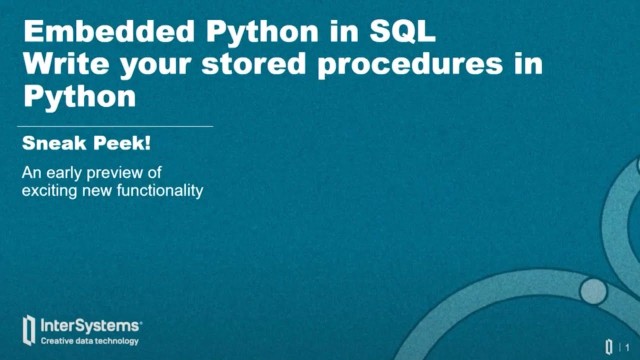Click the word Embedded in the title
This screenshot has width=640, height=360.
(109, 32)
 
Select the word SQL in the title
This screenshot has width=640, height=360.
(401, 32)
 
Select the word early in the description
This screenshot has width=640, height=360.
(65, 173)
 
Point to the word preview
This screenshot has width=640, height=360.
(118, 173)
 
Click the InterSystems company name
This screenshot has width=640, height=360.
(90, 326)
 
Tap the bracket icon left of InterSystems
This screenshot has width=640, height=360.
(29, 330)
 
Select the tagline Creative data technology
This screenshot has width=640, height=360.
(89, 341)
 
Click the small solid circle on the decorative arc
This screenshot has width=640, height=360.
(593, 290)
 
